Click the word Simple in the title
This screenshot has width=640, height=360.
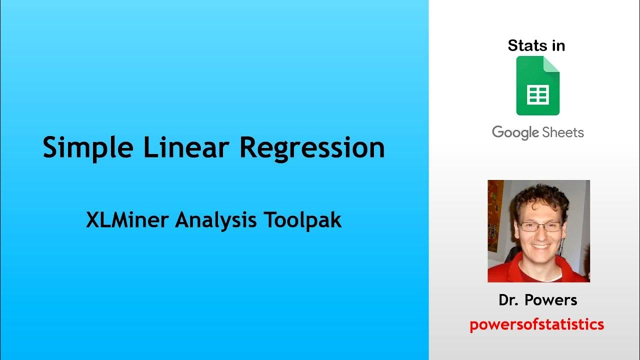click(x=88, y=148)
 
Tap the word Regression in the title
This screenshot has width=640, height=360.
click(x=312, y=148)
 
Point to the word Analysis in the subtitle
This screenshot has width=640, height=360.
click(x=213, y=220)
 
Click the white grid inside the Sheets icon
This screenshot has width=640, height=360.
click(x=537, y=94)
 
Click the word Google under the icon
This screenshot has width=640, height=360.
click(x=515, y=132)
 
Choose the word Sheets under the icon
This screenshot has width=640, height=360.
click(x=563, y=132)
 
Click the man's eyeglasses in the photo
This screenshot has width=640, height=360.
click(x=539, y=226)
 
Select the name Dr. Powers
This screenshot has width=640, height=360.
click(x=537, y=300)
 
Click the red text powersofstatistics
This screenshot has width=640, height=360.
click(x=536, y=324)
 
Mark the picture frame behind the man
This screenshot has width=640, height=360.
click(x=495, y=215)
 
